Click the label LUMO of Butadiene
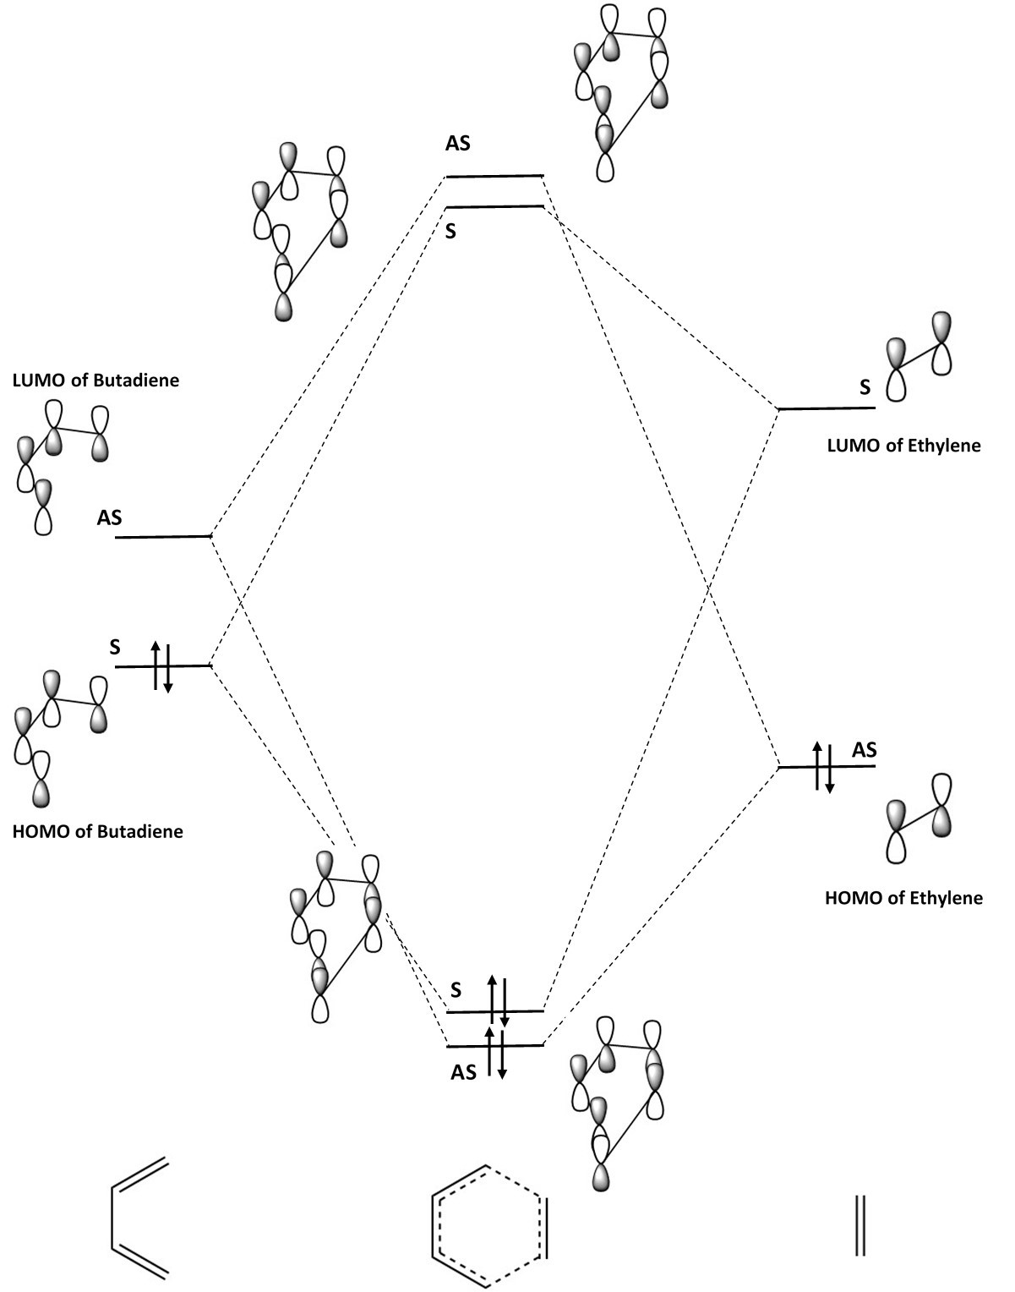95,380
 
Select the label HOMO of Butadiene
98,831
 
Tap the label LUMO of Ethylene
903,445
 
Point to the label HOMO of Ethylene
903,897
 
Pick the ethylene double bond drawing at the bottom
860,1224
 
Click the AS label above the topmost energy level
458,144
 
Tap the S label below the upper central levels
450,231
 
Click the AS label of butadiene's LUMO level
109,517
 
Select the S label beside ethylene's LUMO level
865,387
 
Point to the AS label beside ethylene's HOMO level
864,749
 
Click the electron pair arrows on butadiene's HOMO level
161,667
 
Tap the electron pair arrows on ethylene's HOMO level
823,766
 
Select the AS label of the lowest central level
463,1072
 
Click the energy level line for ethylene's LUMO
827,408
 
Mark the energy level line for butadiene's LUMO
162,537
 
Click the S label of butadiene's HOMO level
115,648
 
